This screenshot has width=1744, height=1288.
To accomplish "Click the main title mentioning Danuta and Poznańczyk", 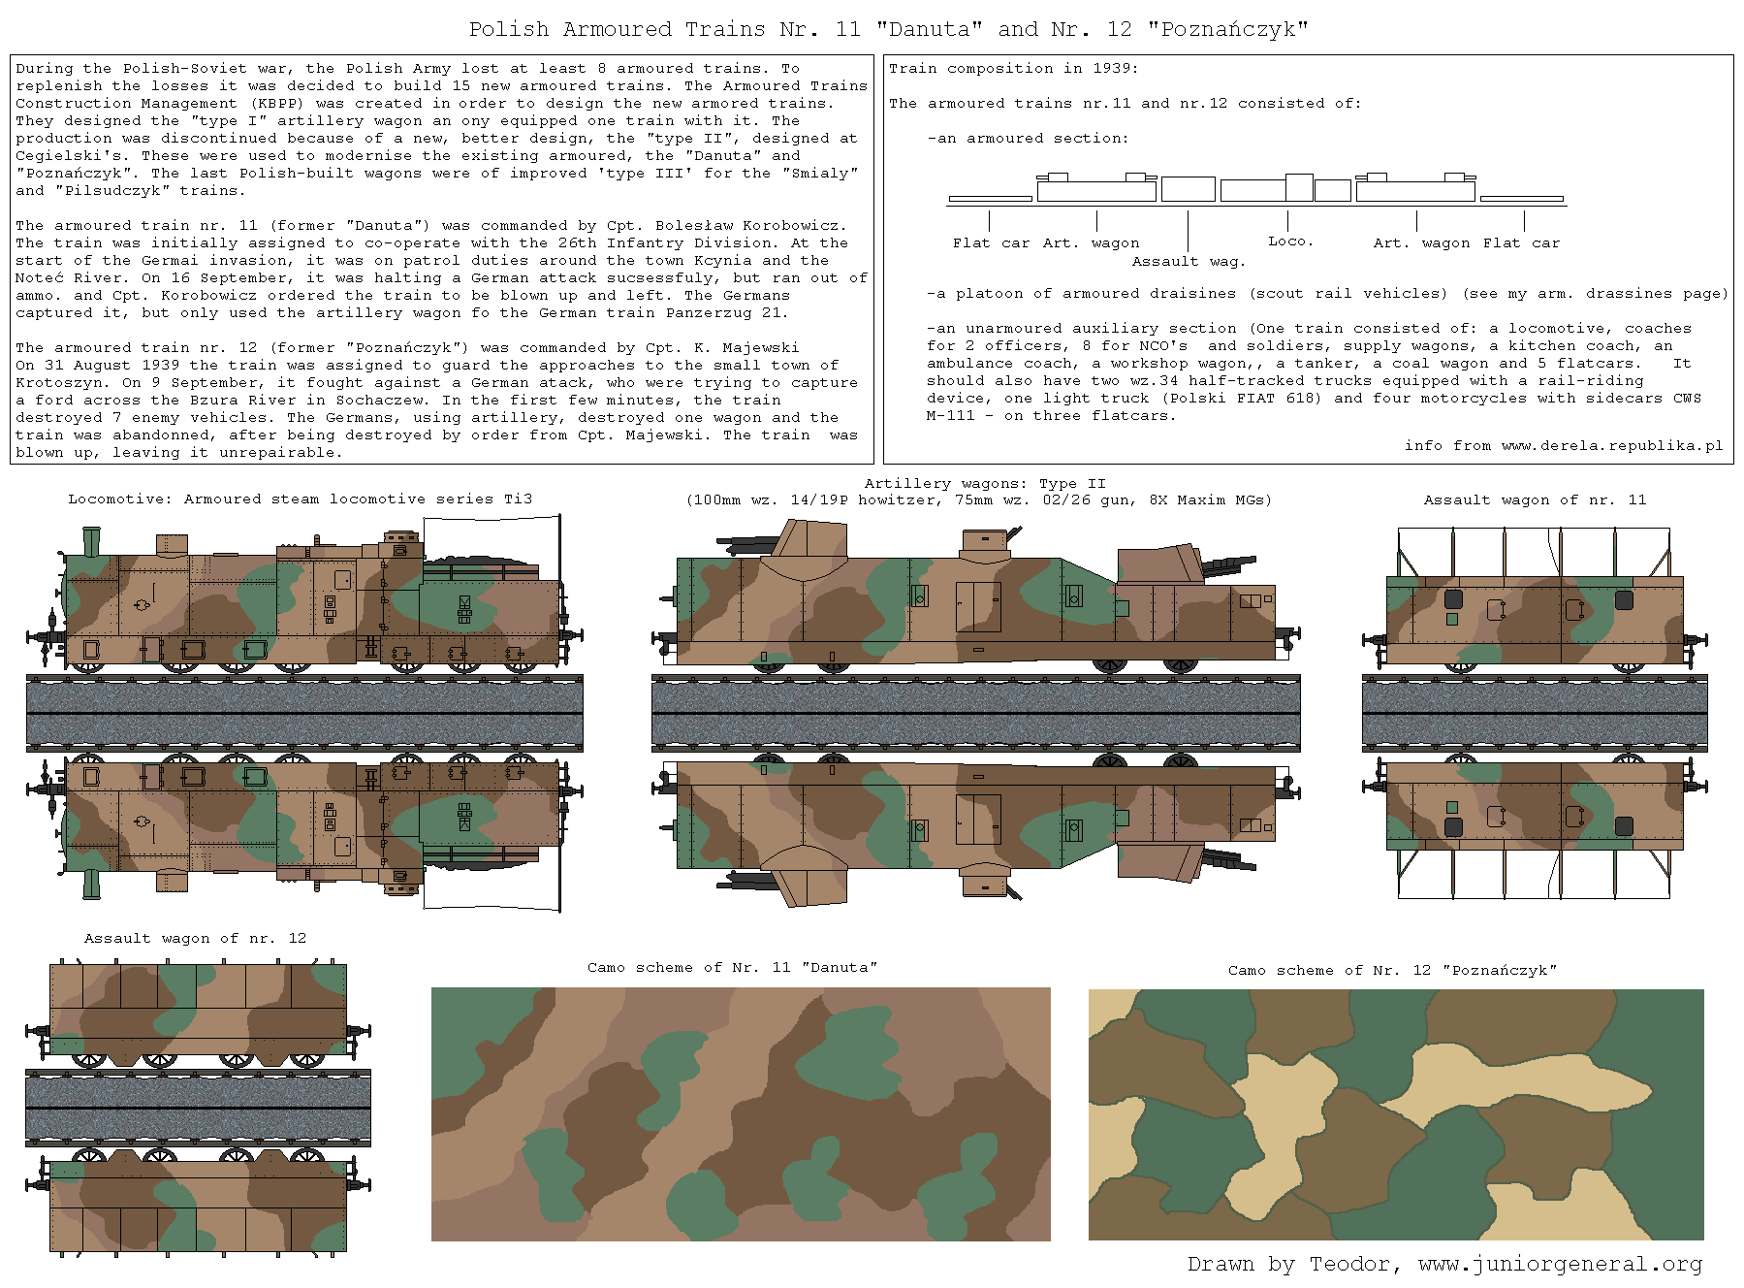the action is tap(888, 29).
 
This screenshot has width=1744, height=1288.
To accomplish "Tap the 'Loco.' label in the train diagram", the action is tap(1290, 241).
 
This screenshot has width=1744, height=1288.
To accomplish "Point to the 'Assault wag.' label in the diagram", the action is tap(1189, 261).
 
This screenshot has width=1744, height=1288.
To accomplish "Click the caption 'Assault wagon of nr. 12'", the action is tap(195, 938).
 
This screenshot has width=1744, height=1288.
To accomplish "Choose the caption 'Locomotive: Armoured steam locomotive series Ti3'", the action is tap(301, 499).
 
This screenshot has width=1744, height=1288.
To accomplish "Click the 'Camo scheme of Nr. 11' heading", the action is tap(732, 967).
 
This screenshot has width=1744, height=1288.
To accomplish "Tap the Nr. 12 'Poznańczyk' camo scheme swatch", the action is tap(1396, 1114).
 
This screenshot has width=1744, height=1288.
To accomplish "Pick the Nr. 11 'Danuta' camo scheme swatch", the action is tap(741, 1114).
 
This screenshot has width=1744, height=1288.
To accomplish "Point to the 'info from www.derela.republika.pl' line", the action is tap(1564, 445).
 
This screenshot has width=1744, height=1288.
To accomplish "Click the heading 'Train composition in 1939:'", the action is tap(1014, 68).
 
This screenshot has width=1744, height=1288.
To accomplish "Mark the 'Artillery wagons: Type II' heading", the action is tap(985, 483).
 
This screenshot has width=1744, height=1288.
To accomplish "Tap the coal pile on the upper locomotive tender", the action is tap(479, 565).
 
